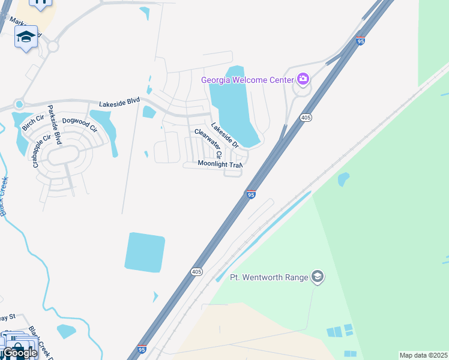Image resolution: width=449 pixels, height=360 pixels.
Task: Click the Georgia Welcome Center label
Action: [x=247, y=79]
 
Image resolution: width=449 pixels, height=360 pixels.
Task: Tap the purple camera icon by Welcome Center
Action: [x=303, y=79]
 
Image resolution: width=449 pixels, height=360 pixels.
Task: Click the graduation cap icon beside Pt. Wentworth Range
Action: [x=318, y=277]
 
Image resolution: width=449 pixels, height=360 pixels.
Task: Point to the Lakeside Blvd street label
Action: [x=119, y=103]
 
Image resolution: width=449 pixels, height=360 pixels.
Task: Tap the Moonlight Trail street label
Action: [x=220, y=164]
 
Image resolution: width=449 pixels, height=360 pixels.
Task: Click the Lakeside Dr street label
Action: [x=225, y=136]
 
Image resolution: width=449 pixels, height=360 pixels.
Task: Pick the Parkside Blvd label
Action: [x=55, y=125]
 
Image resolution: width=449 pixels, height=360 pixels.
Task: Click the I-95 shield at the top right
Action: [x=360, y=41]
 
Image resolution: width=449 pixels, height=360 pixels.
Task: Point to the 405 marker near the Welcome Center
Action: [x=306, y=117]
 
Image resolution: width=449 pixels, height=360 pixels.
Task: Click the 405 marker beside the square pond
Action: [x=197, y=272]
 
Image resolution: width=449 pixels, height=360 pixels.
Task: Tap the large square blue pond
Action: [x=145, y=252]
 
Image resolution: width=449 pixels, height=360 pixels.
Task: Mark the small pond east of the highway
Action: [x=343, y=179]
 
